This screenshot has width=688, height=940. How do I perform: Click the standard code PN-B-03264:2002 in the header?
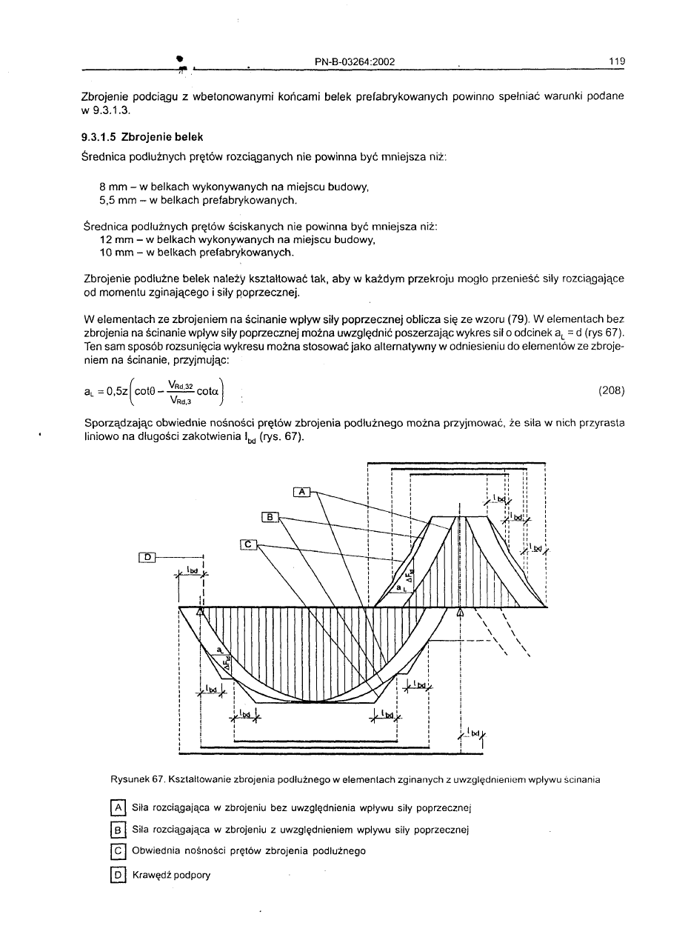[x=354, y=61]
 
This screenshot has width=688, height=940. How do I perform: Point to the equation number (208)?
[x=609, y=391]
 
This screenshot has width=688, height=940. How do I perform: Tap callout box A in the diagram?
[x=301, y=492]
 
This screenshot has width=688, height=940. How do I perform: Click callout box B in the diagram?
[x=270, y=516]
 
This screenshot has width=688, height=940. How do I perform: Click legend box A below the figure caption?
[x=116, y=807]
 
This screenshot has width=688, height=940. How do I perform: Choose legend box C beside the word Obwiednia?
[x=116, y=851]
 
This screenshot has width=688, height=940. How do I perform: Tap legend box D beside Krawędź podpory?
[x=116, y=875]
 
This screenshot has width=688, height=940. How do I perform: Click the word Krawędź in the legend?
[x=150, y=875]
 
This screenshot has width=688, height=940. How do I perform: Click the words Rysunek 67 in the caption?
[x=137, y=779]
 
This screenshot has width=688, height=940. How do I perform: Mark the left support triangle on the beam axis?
[x=199, y=612]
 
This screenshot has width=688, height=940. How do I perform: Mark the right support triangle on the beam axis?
[x=461, y=612]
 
